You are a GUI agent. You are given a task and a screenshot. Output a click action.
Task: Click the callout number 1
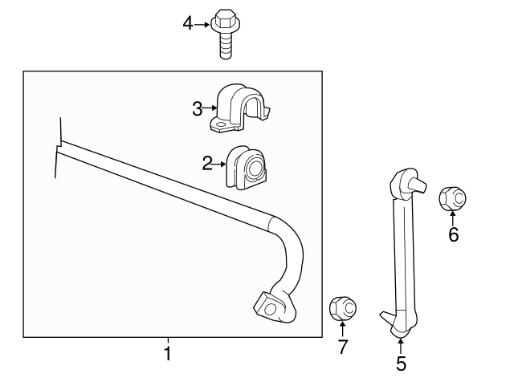pos(168,352)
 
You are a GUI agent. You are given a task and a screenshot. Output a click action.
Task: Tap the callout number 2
pos(207,164)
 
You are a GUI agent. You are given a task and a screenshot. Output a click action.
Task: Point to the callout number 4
pos(188,24)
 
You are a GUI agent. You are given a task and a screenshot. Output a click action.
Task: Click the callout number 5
pos(401,363)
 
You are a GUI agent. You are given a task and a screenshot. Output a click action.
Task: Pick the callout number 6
pos(454,235)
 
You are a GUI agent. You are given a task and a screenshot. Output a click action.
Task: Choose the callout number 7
pos(342,348)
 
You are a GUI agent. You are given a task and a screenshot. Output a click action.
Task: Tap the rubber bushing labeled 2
pos(247,168)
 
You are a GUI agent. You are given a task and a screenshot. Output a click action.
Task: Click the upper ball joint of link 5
pos(406,185)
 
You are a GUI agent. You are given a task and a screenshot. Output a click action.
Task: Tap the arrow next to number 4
pos(202,24)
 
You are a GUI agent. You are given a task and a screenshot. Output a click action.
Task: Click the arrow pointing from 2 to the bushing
pos(221,164)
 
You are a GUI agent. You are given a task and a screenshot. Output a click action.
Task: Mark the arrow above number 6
pos(453,217)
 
